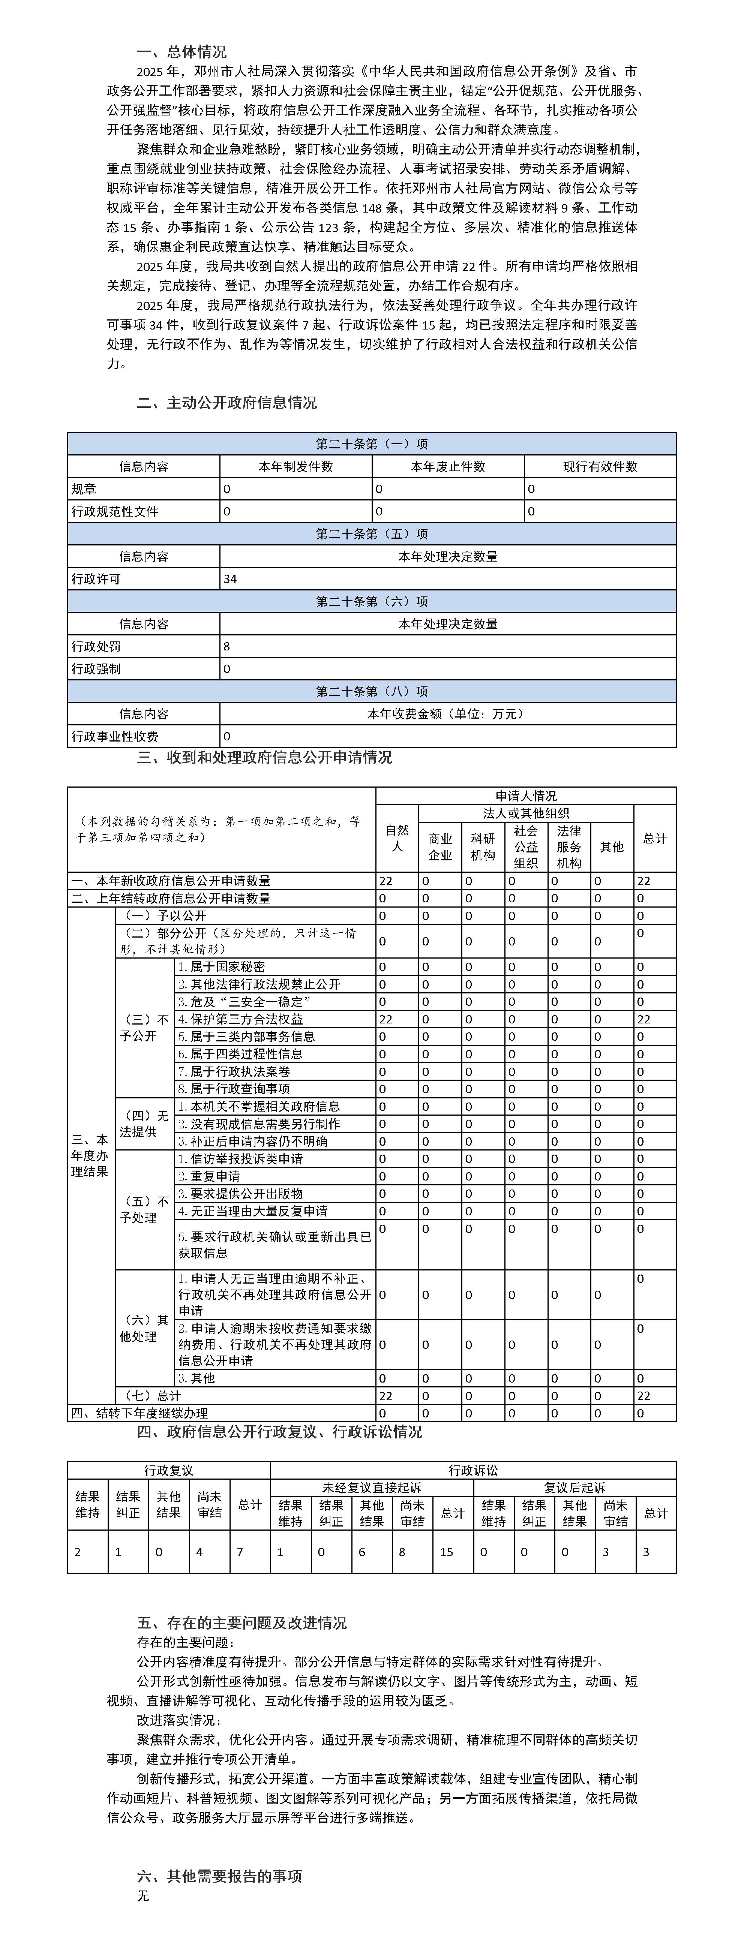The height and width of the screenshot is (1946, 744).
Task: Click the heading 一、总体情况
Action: (x=181, y=52)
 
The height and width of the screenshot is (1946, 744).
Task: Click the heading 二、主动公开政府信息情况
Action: (x=226, y=403)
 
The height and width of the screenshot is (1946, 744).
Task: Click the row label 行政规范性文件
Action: (x=115, y=511)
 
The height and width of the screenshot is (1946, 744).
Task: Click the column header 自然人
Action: (x=397, y=839)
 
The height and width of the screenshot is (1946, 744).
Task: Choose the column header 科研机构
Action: (x=483, y=847)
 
